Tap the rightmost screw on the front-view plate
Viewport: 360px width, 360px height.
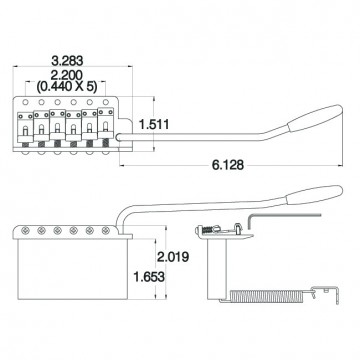click(107, 230)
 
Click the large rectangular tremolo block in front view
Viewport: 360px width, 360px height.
click(70, 270)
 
